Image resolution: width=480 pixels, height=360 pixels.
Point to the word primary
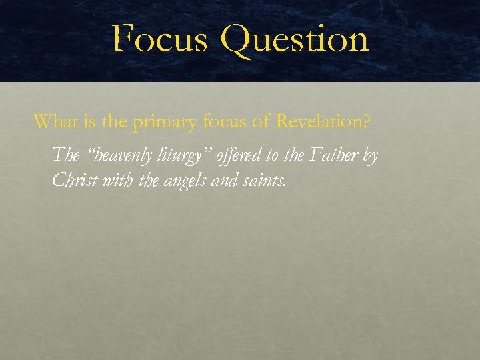(x=163, y=123)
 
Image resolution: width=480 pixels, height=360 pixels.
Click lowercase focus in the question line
(x=221, y=121)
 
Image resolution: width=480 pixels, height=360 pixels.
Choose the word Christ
(x=73, y=180)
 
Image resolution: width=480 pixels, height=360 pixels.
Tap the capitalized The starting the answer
(x=65, y=155)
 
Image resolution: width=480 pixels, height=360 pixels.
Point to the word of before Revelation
(x=261, y=121)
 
